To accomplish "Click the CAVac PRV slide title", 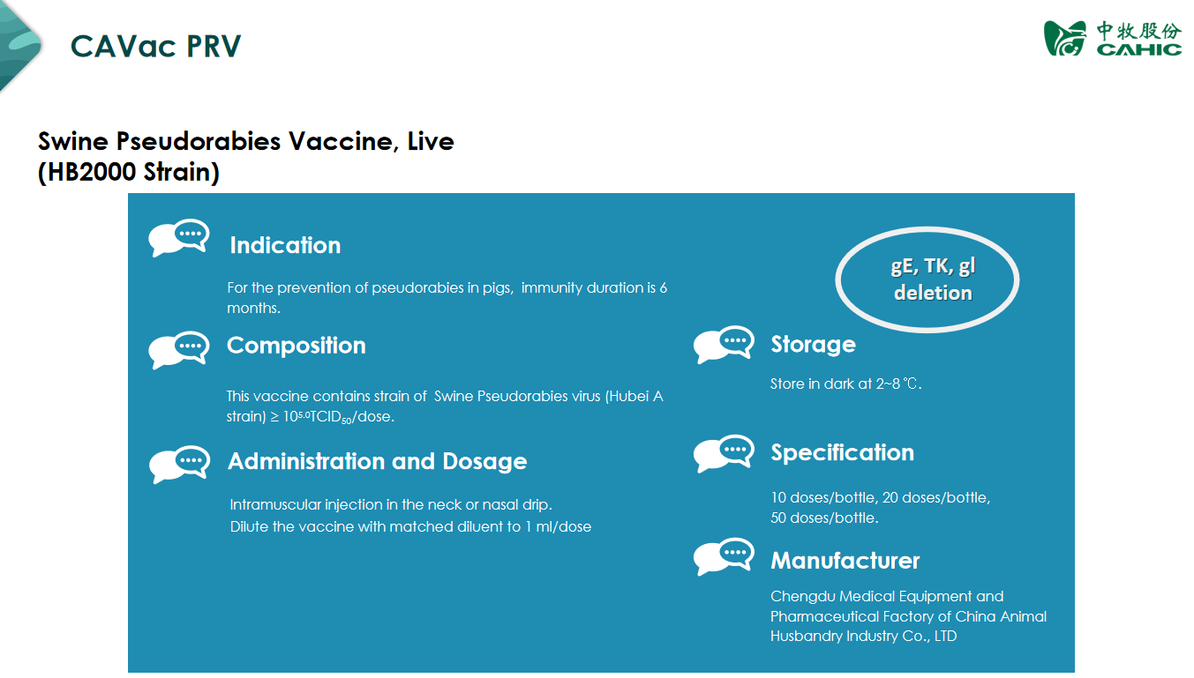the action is (155, 46).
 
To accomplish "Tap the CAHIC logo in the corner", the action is (1113, 38).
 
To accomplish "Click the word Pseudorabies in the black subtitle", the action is (199, 142).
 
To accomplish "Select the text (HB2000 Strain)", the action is (129, 172).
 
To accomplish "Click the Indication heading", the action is (285, 245).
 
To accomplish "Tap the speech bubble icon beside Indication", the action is (179, 237).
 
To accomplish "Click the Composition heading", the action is (297, 346).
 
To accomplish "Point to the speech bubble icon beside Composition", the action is (179, 350).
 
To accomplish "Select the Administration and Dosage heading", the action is (378, 461).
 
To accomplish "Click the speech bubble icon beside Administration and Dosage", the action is (180, 465).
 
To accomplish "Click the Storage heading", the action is (814, 345).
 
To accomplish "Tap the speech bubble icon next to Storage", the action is (724, 345).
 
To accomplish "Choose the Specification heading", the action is (843, 453).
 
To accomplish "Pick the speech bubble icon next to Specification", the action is (724, 454).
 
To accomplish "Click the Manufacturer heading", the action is (845, 561).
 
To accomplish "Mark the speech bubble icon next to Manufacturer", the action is (724, 556).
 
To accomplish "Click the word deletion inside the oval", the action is (933, 293).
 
